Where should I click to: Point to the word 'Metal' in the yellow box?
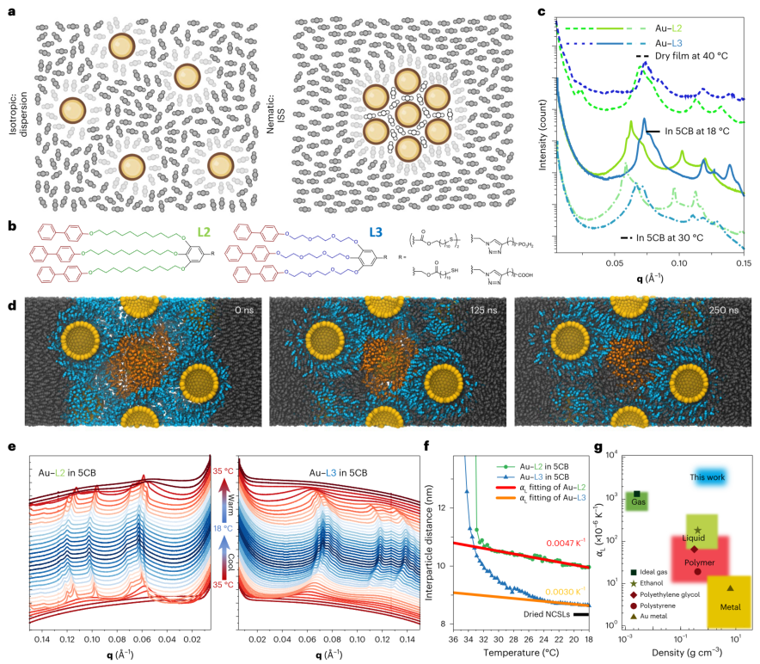pyautogui.click(x=730, y=606)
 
